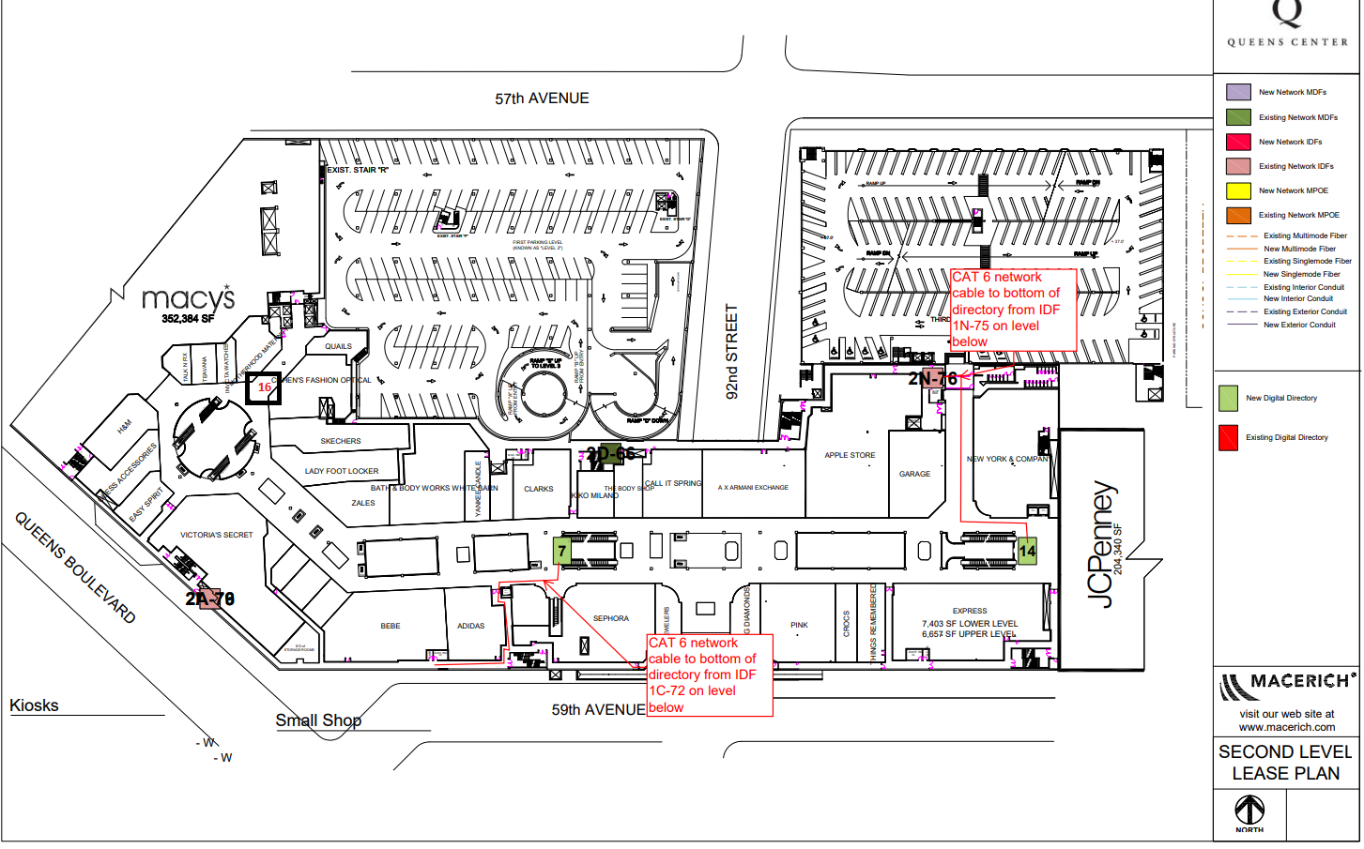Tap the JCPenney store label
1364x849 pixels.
pos(1104,544)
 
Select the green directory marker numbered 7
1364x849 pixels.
pos(562,551)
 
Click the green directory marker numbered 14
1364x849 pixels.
pos(1027,551)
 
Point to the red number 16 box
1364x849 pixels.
pos(264,387)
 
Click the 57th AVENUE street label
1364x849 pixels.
pos(542,99)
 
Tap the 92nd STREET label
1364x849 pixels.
pos(732,351)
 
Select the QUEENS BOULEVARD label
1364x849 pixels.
pos(75,568)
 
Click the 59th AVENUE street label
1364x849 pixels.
pos(598,710)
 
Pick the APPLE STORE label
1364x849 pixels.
pos(850,455)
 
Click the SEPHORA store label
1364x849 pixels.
pos(610,618)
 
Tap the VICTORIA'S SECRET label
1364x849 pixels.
pos(216,535)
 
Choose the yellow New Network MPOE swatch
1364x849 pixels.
pos(1238,190)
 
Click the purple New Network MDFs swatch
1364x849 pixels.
pos(1238,92)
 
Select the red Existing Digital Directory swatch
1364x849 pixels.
pos(1228,437)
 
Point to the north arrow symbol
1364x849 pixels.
pos(1249,810)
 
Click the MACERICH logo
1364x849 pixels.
pos(1286,685)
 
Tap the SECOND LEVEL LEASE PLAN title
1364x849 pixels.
pos(1285,763)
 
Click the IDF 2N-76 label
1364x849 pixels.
pos(932,378)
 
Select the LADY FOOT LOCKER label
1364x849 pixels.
pos(342,471)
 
